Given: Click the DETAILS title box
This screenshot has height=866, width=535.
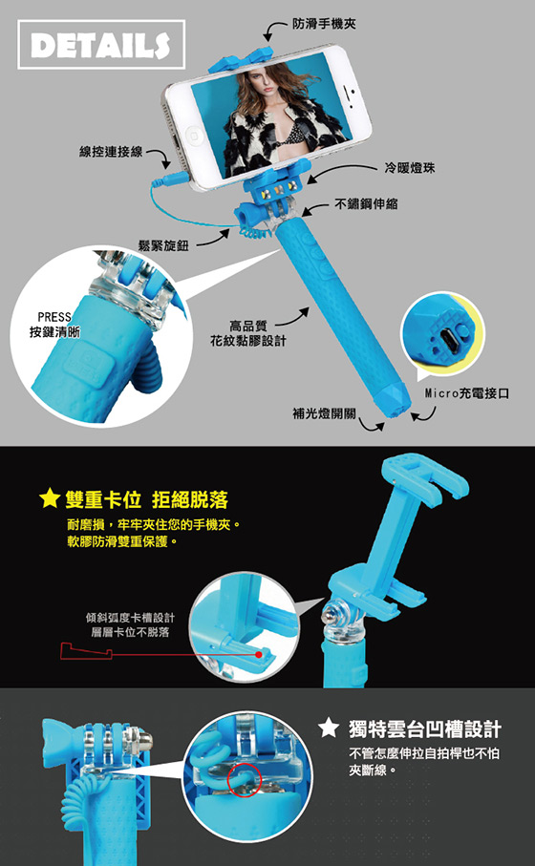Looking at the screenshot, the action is pyautogui.click(x=101, y=45).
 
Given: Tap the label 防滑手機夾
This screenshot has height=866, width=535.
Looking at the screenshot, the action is pyautogui.click(x=325, y=23).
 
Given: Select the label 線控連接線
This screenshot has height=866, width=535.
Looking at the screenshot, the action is pyautogui.click(x=111, y=152).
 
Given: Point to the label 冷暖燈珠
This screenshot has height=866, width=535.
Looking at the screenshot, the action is pyautogui.click(x=410, y=168).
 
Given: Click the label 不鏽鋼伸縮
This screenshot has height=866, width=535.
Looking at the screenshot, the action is pyautogui.click(x=367, y=204).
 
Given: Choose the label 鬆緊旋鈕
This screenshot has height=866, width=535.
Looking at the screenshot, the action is pyautogui.click(x=163, y=245).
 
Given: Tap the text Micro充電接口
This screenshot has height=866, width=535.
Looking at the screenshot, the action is pyautogui.click(x=467, y=393).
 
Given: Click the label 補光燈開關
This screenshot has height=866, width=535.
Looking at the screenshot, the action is pyautogui.click(x=325, y=413).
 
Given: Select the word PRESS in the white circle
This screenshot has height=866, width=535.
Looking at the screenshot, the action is pyautogui.click(x=54, y=318).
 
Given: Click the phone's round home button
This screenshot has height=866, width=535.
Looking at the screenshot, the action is pyautogui.click(x=193, y=135).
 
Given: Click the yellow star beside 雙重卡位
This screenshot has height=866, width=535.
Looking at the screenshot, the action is pyautogui.click(x=51, y=497).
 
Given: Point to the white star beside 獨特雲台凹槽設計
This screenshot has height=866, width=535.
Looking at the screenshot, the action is pyautogui.click(x=329, y=728).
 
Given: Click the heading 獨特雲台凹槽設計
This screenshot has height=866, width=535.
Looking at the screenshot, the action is pyautogui.click(x=425, y=729).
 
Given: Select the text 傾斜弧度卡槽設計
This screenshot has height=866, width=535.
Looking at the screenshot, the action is pyautogui.click(x=130, y=618).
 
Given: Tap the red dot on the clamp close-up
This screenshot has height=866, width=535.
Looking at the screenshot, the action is pyautogui.click(x=259, y=654).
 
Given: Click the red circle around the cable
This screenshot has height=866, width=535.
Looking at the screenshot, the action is pyautogui.click(x=244, y=779).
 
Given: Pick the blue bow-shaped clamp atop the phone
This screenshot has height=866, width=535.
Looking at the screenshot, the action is pyautogui.click(x=241, y=58).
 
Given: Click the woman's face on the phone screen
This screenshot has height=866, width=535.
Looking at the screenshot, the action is pyautogui.click(x=254, y=87).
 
